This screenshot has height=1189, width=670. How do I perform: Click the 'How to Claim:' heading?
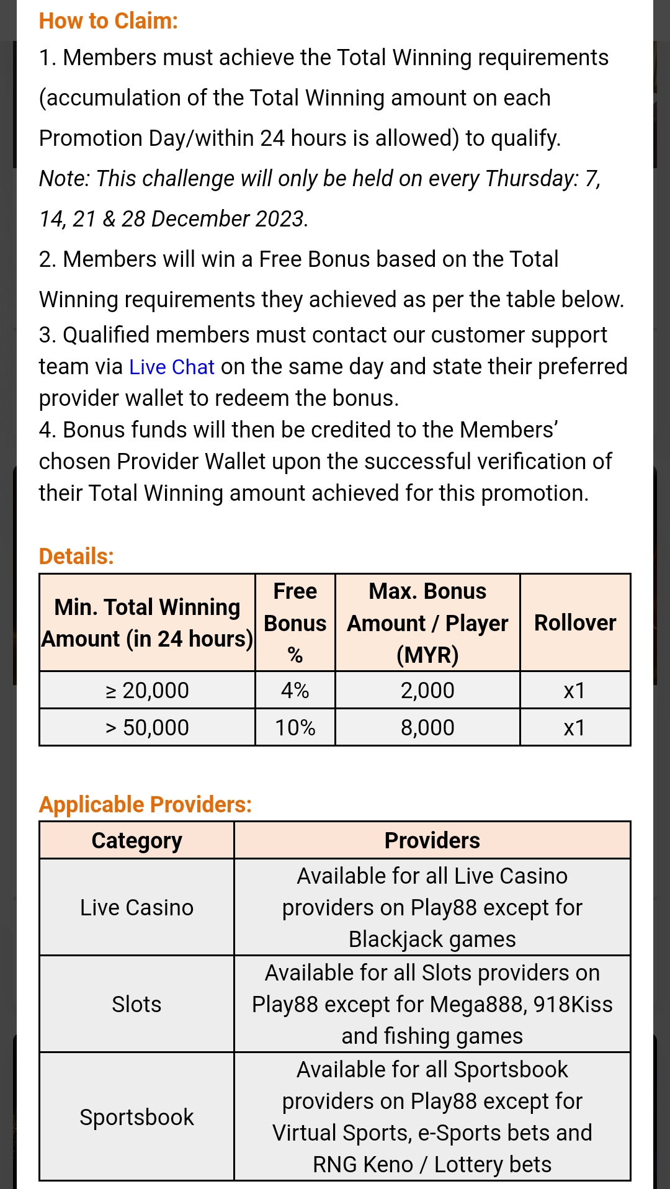108,21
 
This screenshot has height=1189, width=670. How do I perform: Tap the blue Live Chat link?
171,367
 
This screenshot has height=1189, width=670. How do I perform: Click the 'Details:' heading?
76,556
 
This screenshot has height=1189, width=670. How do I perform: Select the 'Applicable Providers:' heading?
145,804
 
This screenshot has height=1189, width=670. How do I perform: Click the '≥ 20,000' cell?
147,690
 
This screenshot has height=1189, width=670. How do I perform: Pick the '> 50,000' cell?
147,727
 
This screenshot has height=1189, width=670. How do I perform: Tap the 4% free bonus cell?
295,690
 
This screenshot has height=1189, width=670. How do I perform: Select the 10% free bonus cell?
295,727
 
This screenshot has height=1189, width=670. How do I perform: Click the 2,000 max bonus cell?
427,690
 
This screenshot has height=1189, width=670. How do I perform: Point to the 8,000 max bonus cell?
427,727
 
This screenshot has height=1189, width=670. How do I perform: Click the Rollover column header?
575,622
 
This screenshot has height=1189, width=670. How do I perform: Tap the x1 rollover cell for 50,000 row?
574,727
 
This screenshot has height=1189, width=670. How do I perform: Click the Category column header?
136,840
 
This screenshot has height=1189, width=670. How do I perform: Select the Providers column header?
432,840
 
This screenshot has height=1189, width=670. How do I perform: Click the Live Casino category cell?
136,907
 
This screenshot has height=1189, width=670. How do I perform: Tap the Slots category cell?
136,1004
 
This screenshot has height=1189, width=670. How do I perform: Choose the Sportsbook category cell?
136,1117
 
